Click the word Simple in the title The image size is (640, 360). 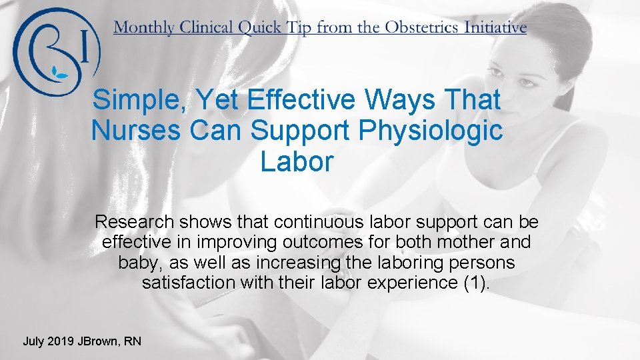(x=133, y=101)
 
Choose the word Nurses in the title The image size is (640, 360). (x=135, y=131)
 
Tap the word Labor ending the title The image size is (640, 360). (x=297, y=161)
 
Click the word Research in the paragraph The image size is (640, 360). (x=134, y=221)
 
